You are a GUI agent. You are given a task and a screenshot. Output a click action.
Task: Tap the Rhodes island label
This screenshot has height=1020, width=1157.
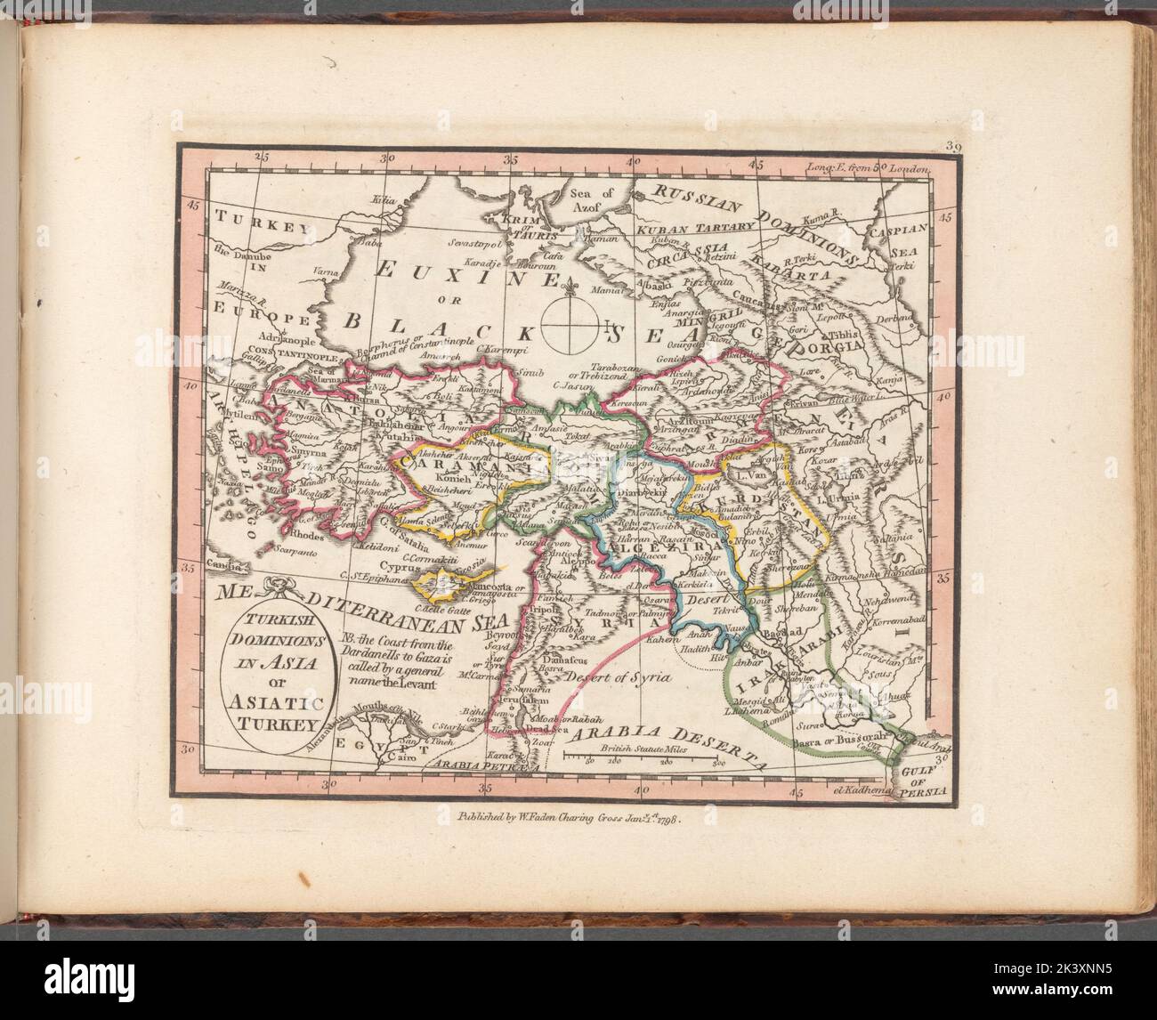click(x=310, y=537)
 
